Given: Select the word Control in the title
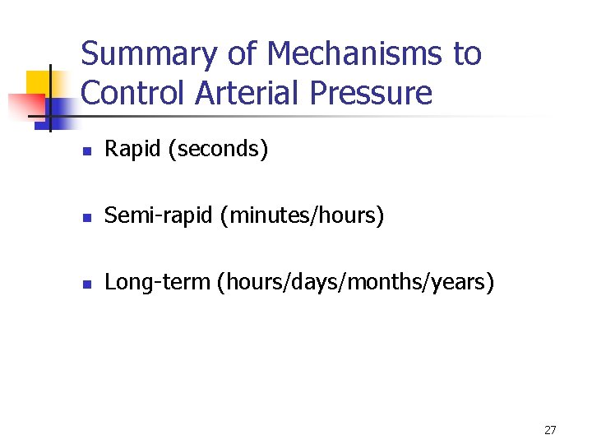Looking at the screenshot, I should (x=134, y=93).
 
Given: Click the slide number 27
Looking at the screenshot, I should (x=550, y=430).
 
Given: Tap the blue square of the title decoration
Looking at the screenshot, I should (x=59, y=111).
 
